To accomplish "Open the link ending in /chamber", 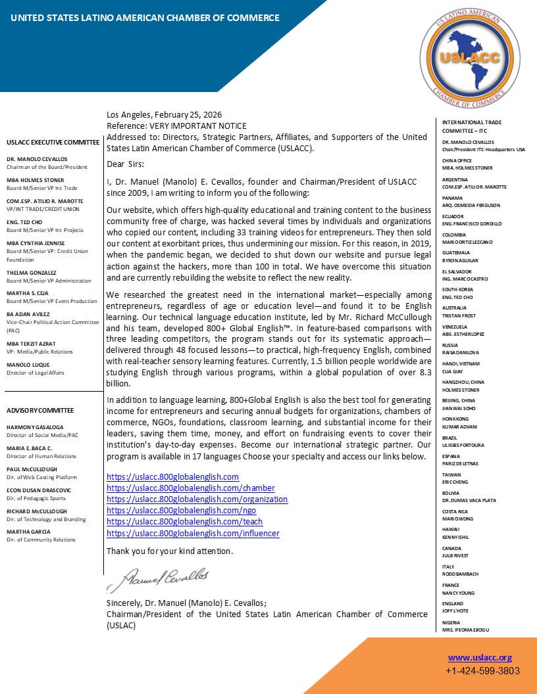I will [191, 488].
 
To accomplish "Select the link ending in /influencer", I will [193, 533].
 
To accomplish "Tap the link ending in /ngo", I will [181, 510].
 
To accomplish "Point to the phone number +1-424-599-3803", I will [482, 671].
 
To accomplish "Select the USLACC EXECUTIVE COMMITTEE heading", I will [53, 142].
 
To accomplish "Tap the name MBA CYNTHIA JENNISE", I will [36, 243].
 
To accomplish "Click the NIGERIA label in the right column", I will [451, 622].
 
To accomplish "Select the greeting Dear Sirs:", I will [125, 164].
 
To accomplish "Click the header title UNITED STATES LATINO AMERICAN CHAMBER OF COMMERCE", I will [145, 18].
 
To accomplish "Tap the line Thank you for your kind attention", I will [170, 551].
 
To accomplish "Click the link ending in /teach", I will [184, 522].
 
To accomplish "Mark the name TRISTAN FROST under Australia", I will [458, 315].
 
